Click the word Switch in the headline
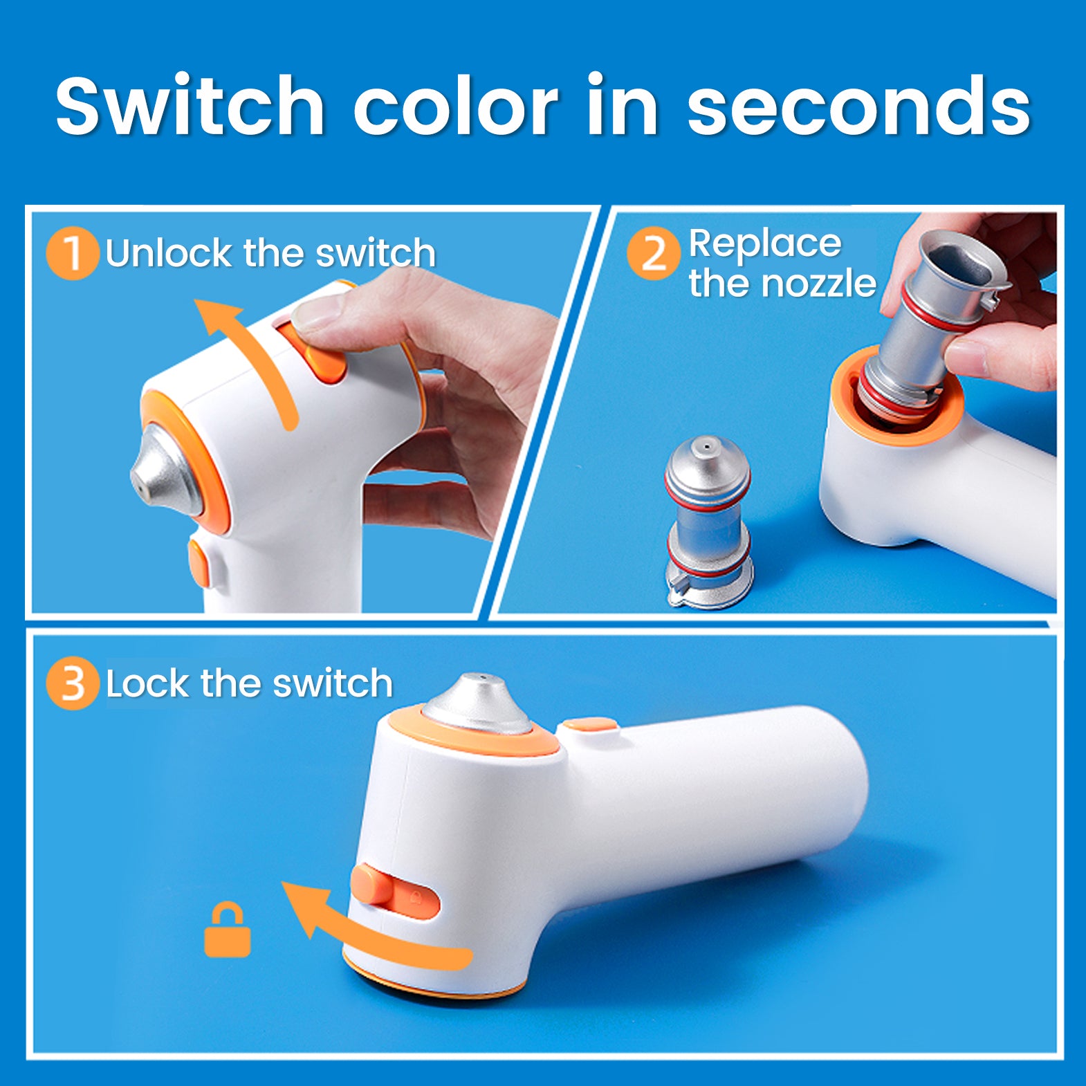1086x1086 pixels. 190,105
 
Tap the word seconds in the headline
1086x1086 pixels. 858,107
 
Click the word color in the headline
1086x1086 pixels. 455,107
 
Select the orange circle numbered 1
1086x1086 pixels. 73,253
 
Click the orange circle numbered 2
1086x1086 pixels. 653,253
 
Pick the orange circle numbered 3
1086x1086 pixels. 73,684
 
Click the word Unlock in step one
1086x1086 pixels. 169,253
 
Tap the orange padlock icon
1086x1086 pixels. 228,930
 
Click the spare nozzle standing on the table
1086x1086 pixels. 708,522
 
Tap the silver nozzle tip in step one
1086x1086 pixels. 163,469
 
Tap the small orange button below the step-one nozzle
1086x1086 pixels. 199,562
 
